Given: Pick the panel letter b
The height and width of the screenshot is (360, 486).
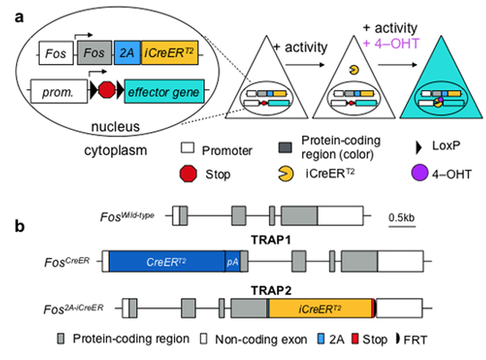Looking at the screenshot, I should click(x=20, y=224).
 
